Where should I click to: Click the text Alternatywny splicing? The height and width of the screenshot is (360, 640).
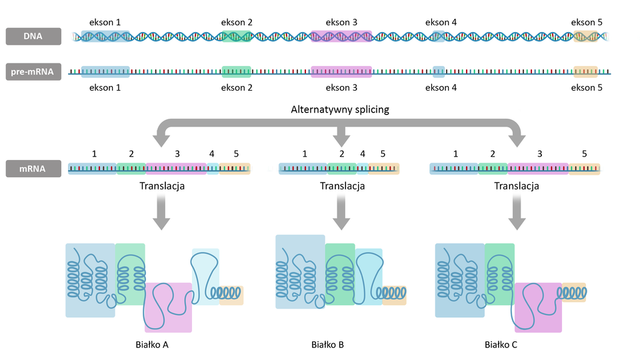click(x=339, y=109)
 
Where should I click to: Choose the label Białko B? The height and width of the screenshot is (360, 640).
click(x=327, y=345)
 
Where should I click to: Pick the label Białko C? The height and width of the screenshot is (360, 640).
click(x=501, y=345)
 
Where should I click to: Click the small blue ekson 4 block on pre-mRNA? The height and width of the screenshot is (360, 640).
click(x=439, y=71)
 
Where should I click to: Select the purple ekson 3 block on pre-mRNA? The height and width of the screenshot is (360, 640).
click(x=341, y=71)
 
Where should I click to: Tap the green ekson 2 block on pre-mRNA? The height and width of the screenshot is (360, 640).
click(x=237, y=71)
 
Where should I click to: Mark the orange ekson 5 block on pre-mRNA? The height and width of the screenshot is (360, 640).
click(x=586, y=71)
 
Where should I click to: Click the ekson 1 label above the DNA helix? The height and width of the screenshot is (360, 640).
click(x=105, y=22)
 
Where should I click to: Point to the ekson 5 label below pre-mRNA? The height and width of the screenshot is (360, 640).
click(x=587, y=87)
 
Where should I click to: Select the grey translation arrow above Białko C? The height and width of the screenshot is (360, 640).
click(x=516, y=212)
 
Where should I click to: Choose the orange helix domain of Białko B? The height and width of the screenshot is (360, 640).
click(x=394, y=293)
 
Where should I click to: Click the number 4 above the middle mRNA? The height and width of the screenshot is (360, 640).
click(x=363, y=153)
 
